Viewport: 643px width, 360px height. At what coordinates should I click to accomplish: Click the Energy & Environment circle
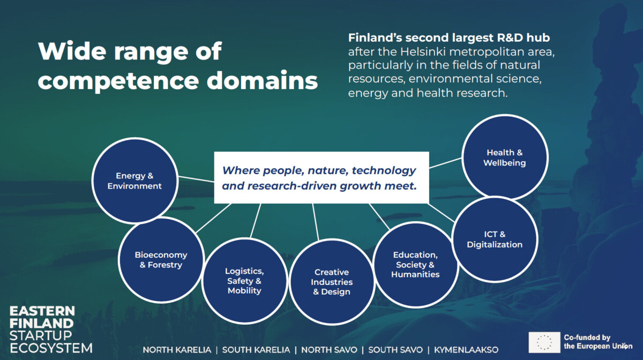pyautogui.click(x=134, y=181)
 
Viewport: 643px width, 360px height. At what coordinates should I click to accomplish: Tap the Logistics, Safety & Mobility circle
pyautogui.click(x=244, y=281)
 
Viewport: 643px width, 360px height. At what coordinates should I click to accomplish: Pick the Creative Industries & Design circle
pyautogui.click(x=332, y=282)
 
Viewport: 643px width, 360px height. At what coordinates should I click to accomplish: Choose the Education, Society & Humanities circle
pyautogui.click(x=415, y=265)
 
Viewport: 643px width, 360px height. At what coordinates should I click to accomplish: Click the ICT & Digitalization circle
pyautogui.click(x=494, y=239)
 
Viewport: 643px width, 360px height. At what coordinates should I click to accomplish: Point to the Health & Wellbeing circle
pyautogui.click(x=504, y=157)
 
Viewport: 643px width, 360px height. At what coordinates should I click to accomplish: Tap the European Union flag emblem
pyautogui.click(x=544, y=342)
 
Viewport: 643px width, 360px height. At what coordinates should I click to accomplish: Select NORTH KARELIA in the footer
pyautogui.click(x=177, y=350)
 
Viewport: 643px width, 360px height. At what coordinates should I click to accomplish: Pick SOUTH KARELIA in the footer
pyautogui.click(x=256, y=350)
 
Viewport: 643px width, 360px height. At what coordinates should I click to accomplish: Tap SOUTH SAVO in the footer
pyautogui.click(x=395, y=350)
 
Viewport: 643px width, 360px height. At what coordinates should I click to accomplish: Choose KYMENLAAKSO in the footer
pyautogui.click(x=466, y=350)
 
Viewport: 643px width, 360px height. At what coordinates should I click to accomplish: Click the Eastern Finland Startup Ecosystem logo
pyautogui.click(x=50, y=329)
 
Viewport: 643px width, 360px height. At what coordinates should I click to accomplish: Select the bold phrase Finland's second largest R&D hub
pyautogui.click(x=449, y=38)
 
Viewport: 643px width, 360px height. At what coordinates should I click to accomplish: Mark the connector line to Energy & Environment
pyautogui.click(x=196, y=179)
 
